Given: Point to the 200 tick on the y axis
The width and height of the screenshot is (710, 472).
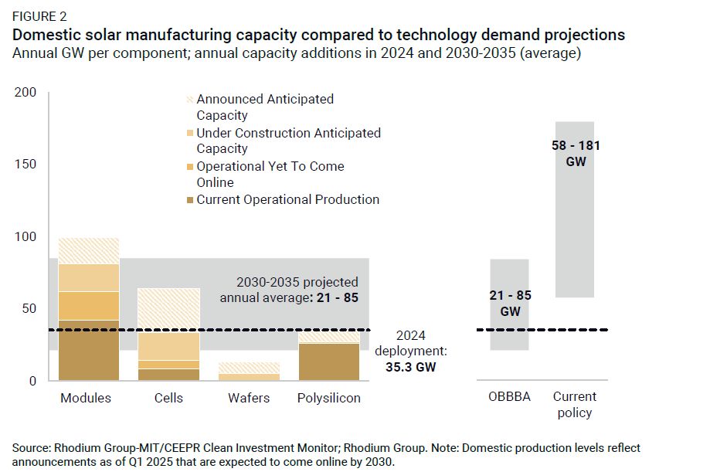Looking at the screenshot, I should tap(25, 93).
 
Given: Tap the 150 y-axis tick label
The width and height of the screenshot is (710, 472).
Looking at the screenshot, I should tap(25, 165).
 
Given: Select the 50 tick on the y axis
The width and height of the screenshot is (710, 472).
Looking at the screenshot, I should tap(29, 309).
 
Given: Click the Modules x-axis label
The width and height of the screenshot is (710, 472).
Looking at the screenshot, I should tap(86, 398).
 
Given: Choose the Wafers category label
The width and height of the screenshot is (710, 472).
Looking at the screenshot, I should tap(249, 398).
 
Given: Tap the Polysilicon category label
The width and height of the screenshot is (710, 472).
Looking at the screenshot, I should tap(329, 398).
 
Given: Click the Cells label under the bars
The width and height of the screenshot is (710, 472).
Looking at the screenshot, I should tap(168, 398).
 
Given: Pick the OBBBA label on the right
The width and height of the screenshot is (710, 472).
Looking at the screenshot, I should tap(509, 397).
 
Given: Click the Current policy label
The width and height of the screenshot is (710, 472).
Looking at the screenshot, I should tap(575, 404).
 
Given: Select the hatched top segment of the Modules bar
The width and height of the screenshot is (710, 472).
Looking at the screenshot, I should tap(89, 250).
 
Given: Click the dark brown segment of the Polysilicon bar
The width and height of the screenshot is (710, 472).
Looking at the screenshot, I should tap(329, 362).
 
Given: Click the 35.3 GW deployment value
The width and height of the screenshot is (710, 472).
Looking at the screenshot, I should tap(410, 368).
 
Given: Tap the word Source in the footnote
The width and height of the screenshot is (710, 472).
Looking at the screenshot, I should tap(30, 448).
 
